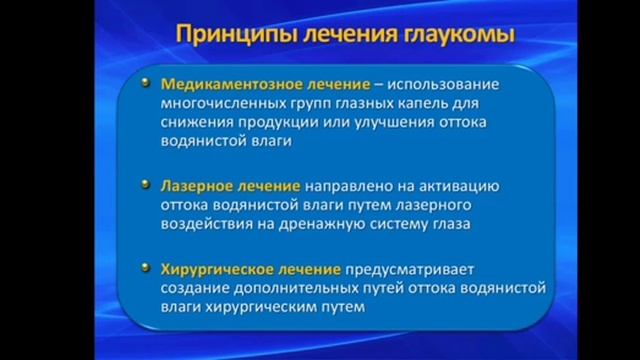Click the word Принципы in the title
point(222,35)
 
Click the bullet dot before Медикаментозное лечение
point(147,83)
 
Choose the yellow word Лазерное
point(195,186)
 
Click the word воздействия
point(203,225)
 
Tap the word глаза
point(449,225)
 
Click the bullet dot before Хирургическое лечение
point(147,267)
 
